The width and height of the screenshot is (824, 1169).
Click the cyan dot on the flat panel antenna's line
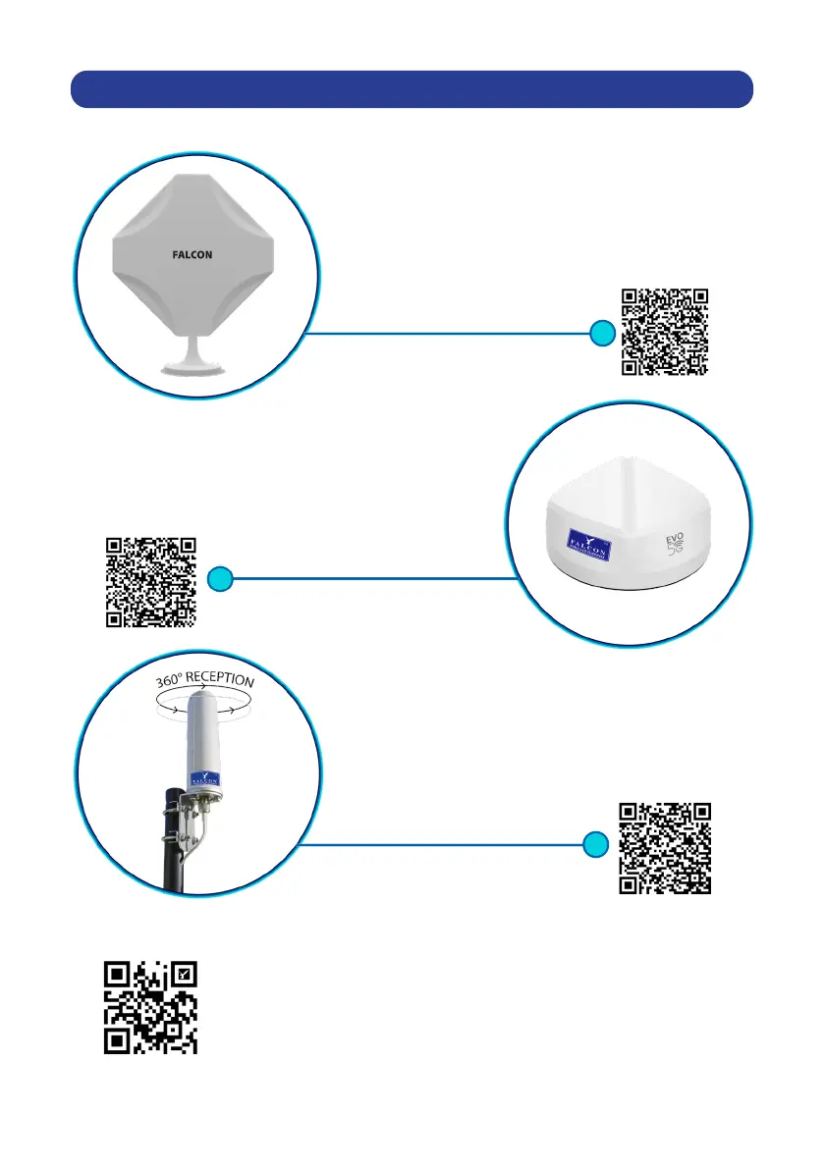[602, 335]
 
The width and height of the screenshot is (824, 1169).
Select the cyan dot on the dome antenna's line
[222, 579]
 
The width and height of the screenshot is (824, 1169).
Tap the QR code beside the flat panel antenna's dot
[665, 331]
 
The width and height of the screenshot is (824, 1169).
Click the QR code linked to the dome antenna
[150, 582]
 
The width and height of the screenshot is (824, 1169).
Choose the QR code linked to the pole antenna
[664, 848]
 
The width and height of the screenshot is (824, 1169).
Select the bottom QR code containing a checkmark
[151, 1008]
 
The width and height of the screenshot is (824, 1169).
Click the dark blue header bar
[412, 87]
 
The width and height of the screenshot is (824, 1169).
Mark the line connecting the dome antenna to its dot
[373, 579]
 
